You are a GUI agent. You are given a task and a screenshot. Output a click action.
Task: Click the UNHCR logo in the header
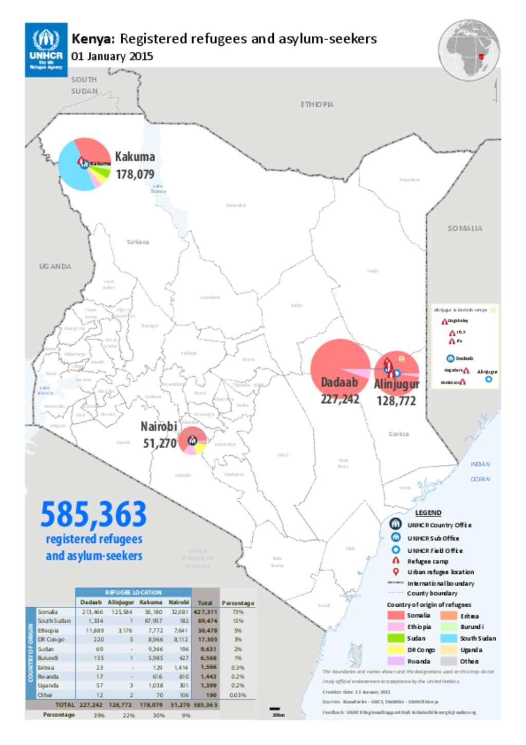(46, 50)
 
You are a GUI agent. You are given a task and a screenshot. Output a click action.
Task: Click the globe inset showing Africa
(469, 50)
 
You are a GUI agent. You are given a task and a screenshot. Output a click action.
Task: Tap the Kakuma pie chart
(84, 164)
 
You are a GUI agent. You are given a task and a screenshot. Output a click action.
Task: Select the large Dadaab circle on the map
(340, 368)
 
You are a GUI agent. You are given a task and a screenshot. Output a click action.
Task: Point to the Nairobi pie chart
(192, 441)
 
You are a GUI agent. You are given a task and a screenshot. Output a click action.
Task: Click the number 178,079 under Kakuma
(135, 174)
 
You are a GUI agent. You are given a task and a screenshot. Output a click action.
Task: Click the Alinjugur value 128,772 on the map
(396, 401)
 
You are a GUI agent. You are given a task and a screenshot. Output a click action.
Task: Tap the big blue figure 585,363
(93, 515)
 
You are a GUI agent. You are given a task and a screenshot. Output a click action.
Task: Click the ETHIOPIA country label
(317, 104)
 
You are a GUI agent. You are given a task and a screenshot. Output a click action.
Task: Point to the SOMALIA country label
(464, 228)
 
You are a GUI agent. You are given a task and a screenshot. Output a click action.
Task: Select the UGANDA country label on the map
(55, 266)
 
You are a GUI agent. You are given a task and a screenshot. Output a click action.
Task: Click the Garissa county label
(399, 434)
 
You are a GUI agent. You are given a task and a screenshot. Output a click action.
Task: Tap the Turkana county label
(138, 242)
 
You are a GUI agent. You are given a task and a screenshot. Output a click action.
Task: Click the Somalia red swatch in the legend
(396, 615)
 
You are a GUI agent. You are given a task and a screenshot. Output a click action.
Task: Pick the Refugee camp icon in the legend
(396, 561)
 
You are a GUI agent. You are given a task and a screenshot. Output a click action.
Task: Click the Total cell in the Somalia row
(205, 612)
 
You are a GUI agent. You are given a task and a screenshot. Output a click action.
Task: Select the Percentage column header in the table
(237, 603)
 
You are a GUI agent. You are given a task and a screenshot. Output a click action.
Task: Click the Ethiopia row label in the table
(48, 630)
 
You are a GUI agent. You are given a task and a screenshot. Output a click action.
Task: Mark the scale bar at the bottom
(275, 709)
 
